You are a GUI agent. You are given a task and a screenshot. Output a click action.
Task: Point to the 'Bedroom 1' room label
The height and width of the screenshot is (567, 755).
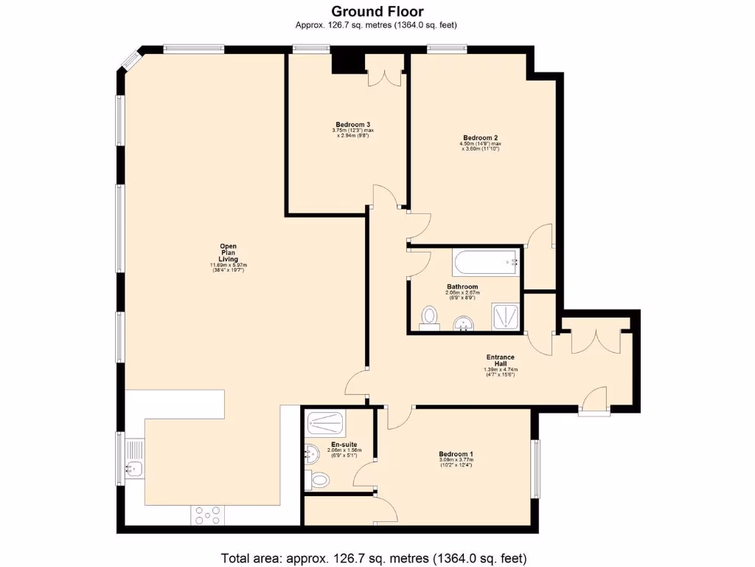click(x=456, y=454)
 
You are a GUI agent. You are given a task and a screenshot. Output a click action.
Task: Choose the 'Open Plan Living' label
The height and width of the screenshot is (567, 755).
click(x=227, y=252)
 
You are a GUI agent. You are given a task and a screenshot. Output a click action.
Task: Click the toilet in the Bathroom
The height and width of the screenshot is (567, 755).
click(x=429, y=317)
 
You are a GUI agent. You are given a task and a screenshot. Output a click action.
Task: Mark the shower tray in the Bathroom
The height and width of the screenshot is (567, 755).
click(x=506, y=316)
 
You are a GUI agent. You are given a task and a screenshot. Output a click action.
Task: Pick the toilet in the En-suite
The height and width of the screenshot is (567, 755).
click(x=319, y=481)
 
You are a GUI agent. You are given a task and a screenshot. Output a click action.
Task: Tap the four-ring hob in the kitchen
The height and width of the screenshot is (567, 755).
click(x=208, y=515)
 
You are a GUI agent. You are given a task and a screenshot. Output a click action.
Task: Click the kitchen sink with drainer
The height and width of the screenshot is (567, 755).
click(x=134, y=458)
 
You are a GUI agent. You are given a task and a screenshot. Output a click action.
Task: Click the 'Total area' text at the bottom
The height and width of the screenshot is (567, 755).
click(x=374, y=557)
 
